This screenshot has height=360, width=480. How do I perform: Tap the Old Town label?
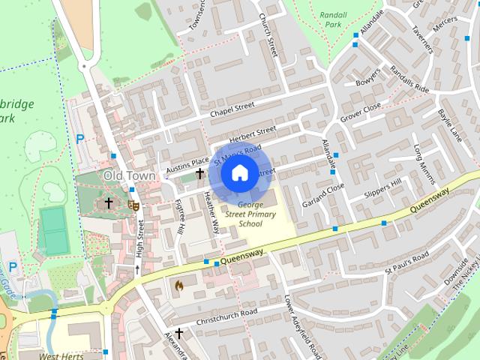click(x=129, y=175)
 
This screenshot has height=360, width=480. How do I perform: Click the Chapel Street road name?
click(x=232, y=109)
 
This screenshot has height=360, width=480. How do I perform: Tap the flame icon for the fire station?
click(x=178, y=285)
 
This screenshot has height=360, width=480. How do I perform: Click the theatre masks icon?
click(x=133, y=205)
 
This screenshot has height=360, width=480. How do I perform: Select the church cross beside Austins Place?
click(x=199, y=173)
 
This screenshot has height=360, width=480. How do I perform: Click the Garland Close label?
click(x=323, y=194)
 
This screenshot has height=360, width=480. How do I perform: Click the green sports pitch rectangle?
click(x=54, y=231)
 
